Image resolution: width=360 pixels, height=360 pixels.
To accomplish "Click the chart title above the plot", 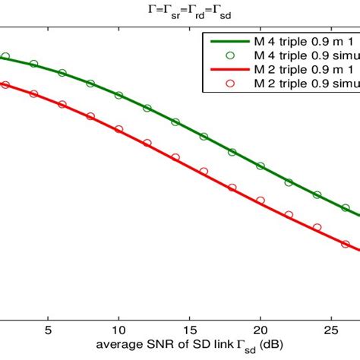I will (x=180, y=10).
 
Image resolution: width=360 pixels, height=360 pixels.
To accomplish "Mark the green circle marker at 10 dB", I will (x=118, y=96).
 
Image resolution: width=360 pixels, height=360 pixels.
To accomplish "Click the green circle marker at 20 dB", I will (x=261, y=165).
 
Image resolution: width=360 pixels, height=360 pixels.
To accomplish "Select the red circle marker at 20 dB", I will (x=261, y=201).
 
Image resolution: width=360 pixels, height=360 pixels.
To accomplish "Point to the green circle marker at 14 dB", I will (x=175, y=122).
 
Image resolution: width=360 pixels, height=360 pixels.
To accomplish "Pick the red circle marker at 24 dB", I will (x=317, y=227).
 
